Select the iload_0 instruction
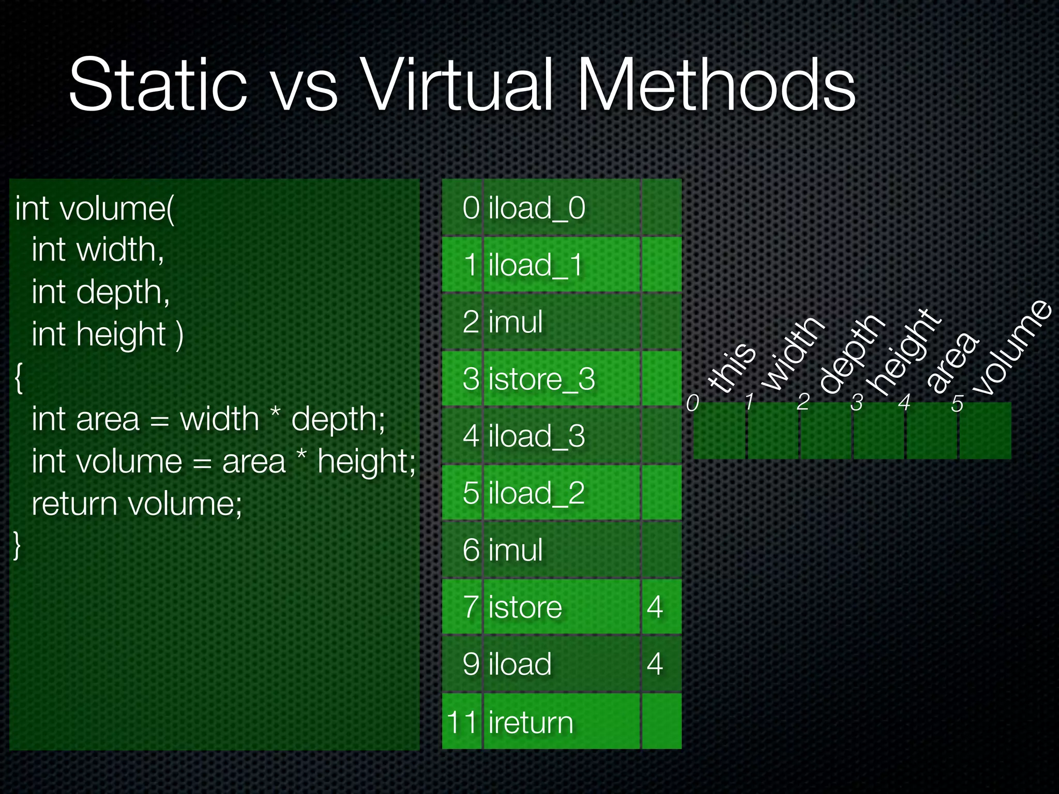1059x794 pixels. (537, 208)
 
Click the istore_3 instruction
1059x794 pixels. (541, 379)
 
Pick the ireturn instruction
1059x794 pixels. (531, 722)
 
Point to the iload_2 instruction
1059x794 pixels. (536, 493)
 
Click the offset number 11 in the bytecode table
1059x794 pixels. (461, 722)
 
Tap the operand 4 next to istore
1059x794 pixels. (655, 607)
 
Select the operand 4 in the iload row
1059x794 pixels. (655, 664)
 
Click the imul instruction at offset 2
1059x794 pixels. (516, 322)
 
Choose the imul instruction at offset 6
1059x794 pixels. (516, 550)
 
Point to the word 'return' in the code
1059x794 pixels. (74, 503)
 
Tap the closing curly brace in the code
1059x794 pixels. (17, 545)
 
